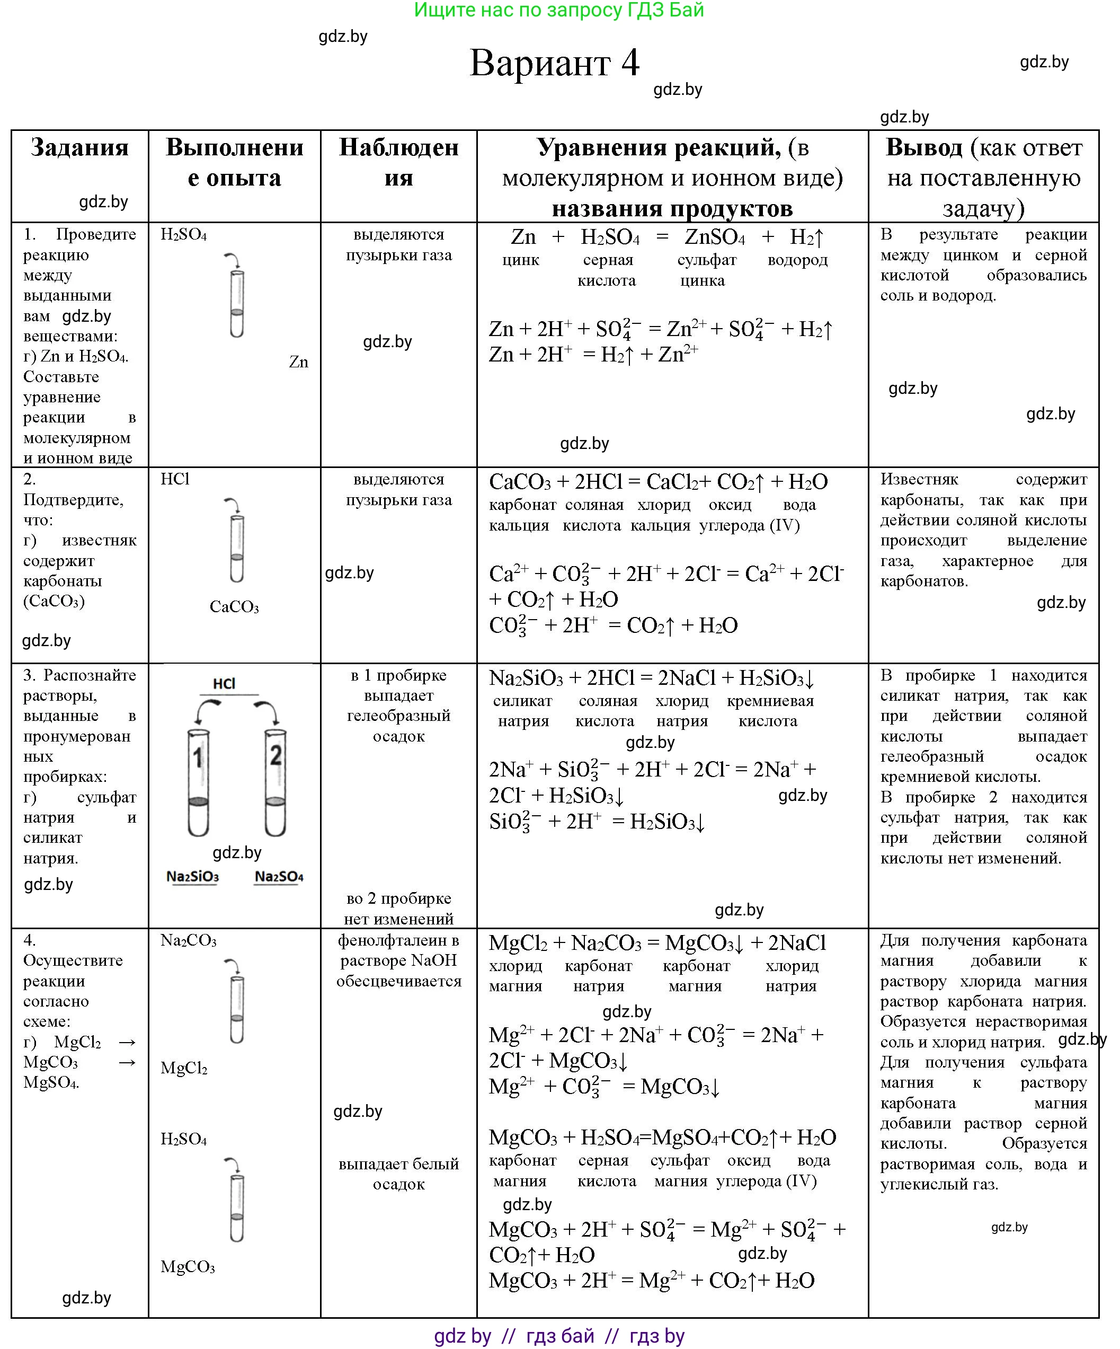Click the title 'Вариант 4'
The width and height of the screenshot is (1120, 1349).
(x=554, y=64)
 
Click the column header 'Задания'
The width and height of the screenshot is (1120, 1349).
(x=79, y=148)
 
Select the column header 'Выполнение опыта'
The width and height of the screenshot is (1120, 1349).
(x=234, y=163)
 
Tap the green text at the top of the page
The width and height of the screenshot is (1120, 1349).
(x=559, y=10)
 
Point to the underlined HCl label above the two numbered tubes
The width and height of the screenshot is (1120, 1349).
(x=224, y=683)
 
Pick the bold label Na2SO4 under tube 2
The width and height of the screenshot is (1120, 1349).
(x=279, y=877)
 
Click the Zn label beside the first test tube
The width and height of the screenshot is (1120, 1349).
(x=299, y=363)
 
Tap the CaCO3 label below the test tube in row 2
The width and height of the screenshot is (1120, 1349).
(x=234, y=607)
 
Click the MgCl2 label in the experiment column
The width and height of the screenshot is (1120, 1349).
(x=184, y=1068)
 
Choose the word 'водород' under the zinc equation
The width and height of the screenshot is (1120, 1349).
(x=797, y=260)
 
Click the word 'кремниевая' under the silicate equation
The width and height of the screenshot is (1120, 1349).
(x=770, y=701)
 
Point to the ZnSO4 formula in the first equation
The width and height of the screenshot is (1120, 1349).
(x=714, y=237)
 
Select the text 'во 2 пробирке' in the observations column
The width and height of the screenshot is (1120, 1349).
(x=399, y=898)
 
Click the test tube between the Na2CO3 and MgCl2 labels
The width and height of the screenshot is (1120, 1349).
(x=236, y=1009)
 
